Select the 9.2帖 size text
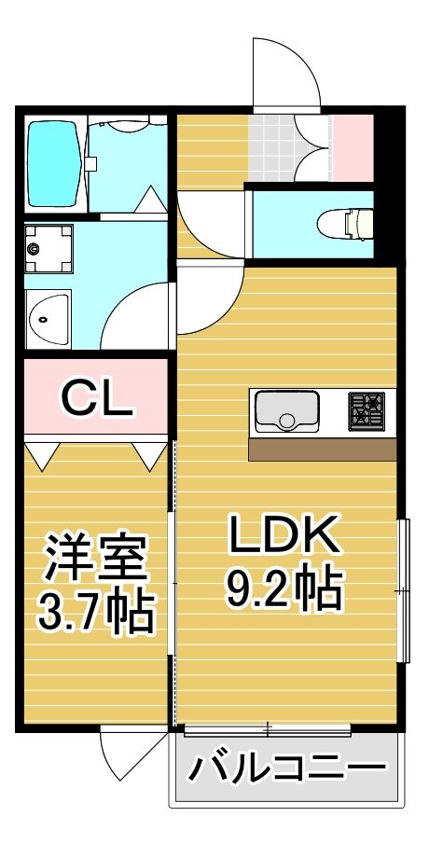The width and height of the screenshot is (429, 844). [284, 587]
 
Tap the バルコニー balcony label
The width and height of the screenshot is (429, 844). [288, 769]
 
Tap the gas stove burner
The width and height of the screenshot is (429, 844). [366, 411]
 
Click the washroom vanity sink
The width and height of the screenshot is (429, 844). [47, 320]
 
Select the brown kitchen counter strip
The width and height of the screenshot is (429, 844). [323, 449]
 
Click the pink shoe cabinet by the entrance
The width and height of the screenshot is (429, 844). [353, 146]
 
